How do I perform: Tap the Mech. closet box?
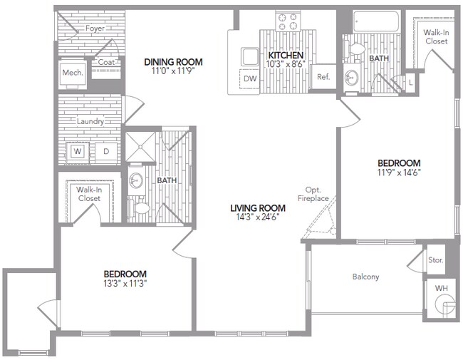point(73,73)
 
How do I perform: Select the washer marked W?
point(78,150)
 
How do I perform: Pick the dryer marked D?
point(105,150)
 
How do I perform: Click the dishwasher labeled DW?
point(250,78)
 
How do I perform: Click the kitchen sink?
point(251,56)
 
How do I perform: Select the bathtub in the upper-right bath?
point(374,21)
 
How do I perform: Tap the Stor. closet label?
point(435,260)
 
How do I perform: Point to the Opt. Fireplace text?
point(313,193)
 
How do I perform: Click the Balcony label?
point(365,277)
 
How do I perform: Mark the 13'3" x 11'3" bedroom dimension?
point(125,283)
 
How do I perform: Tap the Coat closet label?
point(106,62)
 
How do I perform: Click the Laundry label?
point(91,121)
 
